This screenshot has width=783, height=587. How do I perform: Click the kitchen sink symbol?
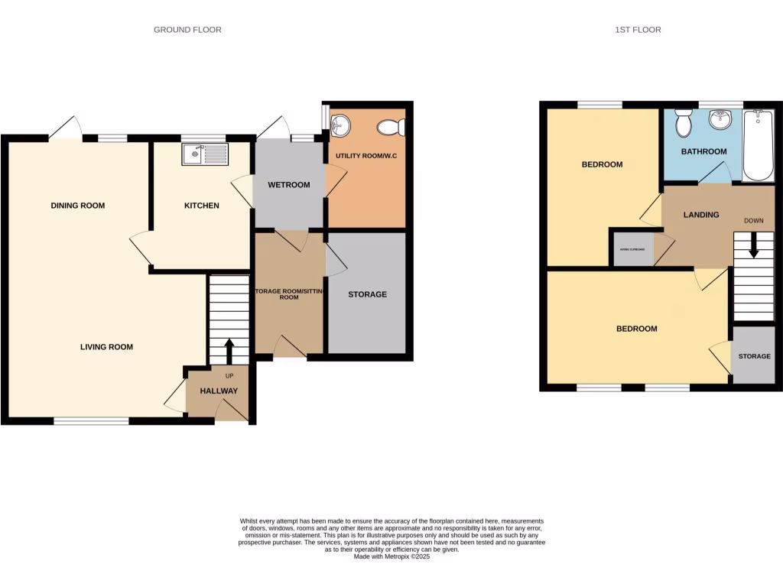[205, 154]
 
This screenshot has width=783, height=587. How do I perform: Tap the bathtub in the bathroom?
[759, 145]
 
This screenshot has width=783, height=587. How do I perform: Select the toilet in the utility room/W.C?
[392, 128]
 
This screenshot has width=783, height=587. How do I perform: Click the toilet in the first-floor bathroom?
[684, 123]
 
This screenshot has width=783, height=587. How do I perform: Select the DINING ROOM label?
[78, 206]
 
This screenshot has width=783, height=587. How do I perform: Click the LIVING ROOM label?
[106, 347]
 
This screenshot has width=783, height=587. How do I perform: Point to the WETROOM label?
[288, 185]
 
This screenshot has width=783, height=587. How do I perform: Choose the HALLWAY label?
[219, 391]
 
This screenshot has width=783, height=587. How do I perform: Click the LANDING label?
[701, 215]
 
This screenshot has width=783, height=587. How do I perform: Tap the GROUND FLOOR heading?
[187, 30]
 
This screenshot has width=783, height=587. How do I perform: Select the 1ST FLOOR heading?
[638, 30]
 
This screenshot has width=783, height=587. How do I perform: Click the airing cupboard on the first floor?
[632, 249]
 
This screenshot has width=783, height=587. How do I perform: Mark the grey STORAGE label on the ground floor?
[367, 294]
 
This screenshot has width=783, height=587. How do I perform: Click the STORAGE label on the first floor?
[754, 356]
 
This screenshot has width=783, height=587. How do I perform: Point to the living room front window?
[91, 420]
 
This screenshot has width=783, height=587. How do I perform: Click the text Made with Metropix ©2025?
[391, 557]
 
